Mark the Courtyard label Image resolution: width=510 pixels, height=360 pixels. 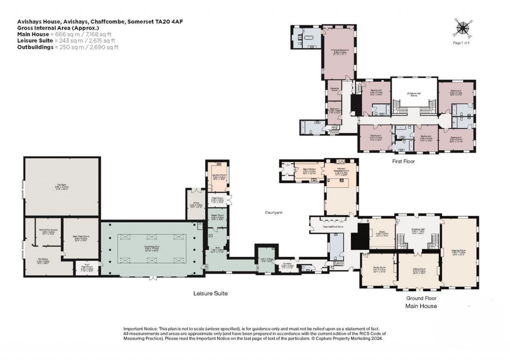pyautogui.click(x=273, y=213)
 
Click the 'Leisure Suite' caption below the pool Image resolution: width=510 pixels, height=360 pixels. pyautogui.click(x=210, y=294)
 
